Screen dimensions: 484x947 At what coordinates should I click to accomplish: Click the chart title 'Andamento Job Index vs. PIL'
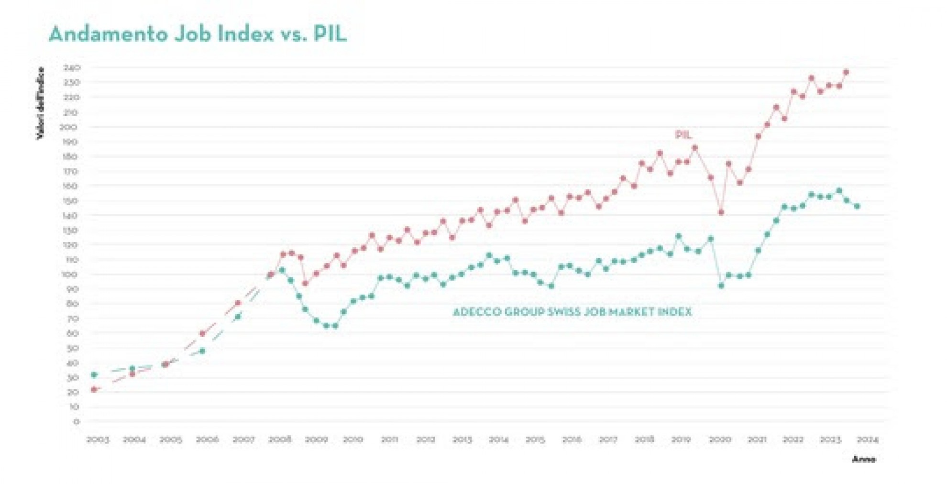tap(198, 34)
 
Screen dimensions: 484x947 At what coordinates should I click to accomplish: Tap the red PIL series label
tap(683, 135)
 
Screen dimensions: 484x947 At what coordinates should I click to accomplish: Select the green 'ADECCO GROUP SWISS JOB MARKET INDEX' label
tap(572, 312)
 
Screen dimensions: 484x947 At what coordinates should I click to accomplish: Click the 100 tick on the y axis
tap(71, 275)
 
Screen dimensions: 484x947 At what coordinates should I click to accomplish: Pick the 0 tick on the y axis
tap(76, 421)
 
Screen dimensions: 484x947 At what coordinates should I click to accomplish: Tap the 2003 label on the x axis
tap(98, 440)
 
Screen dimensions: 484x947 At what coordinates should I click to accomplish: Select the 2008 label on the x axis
tap(280, 440)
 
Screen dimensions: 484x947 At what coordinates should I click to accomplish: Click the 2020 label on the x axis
tap(720, 440)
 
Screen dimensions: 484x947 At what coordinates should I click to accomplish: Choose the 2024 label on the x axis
tap(867, 440)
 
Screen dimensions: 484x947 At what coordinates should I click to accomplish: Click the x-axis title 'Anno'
tap(864, 459)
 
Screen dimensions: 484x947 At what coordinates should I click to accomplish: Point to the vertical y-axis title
tap(40, 103)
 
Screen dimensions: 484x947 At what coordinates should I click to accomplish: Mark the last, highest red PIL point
tap(846, 72)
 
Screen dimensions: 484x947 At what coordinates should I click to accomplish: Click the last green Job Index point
tap(857, 207)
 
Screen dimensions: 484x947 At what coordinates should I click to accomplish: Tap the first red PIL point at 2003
tap(94, 389)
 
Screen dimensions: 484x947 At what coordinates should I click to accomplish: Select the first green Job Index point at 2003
tap(94, 374)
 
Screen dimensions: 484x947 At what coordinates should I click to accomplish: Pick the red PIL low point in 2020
tap(721, 212)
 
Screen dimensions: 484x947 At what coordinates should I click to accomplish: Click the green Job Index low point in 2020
tap(721, 286)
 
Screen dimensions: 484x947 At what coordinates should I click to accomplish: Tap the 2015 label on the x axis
tap(535, 440)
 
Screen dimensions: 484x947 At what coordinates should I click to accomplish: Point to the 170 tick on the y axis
tap(71, 171)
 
